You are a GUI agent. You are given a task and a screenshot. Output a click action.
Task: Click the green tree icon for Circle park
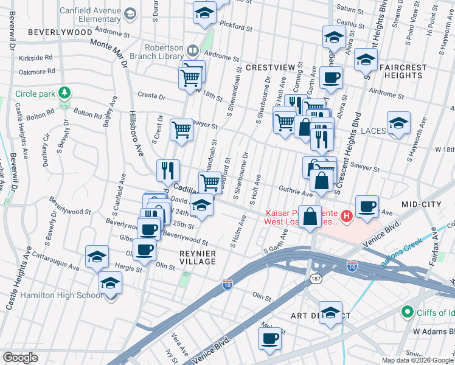tap(64, 93)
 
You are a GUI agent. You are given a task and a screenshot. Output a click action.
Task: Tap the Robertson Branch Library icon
tap(193, 50)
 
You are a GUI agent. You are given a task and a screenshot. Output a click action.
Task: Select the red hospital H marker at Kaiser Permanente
tap(346, 215)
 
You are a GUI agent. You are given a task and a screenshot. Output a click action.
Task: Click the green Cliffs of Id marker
tap(407, 311)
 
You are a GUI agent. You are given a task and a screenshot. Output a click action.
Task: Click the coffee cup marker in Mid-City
tap(367, 206)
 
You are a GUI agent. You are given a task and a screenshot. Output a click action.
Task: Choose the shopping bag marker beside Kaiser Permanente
tap(310, 217)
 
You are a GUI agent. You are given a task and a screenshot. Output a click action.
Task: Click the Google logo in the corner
tap(20, 358)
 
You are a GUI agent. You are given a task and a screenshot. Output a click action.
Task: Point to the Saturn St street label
tap(349, 9)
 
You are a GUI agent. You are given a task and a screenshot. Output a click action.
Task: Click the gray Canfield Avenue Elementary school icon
tap(130, 13)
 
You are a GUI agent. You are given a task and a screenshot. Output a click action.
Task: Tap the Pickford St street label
tap(236, 27)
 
